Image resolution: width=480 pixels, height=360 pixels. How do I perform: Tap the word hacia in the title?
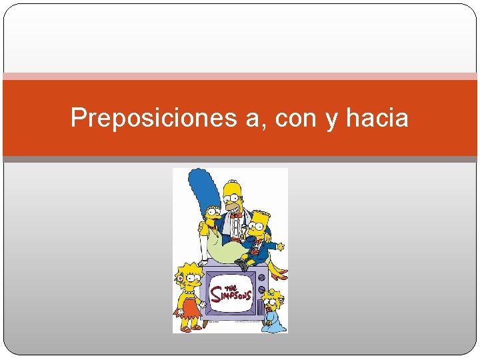coord(377,118)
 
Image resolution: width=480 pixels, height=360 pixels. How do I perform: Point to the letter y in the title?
coord(331,120)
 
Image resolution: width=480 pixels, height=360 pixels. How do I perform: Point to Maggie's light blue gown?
coord(273,321)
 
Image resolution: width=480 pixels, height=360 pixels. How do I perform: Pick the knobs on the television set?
coord(261,281)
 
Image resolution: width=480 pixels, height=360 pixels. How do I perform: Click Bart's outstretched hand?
coord(281,247)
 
